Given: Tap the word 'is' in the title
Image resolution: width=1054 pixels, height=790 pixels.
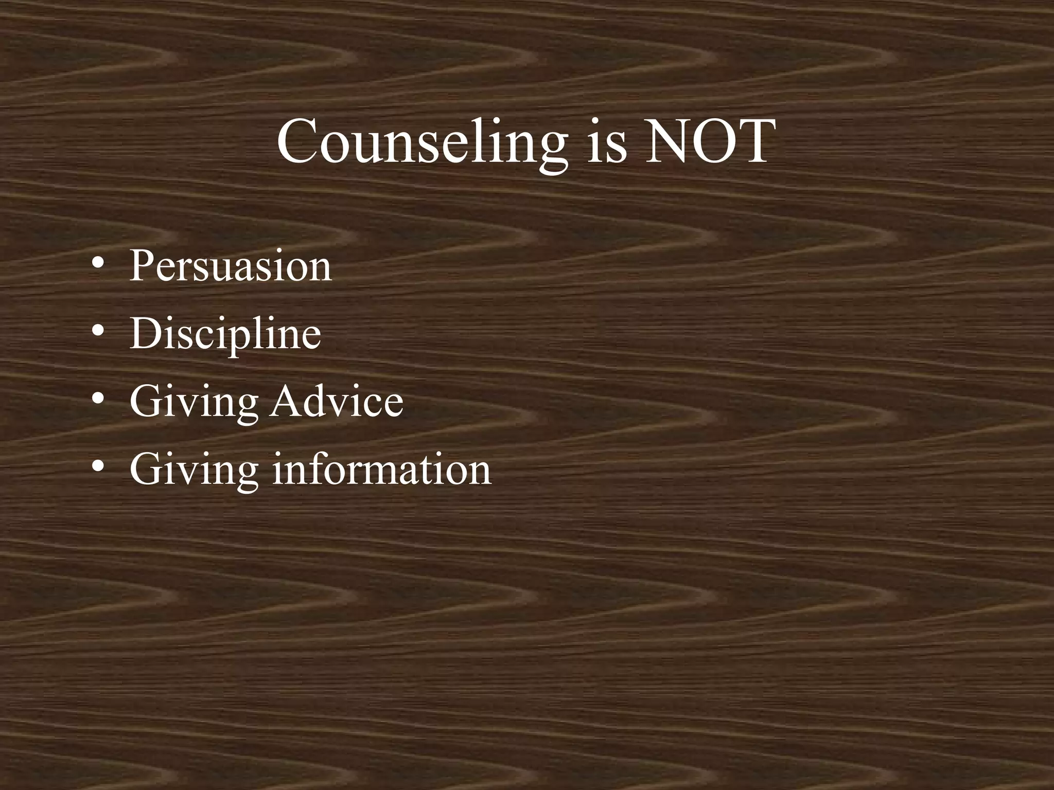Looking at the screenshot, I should pos(607,142).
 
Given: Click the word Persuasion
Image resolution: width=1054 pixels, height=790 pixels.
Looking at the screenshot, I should pos(231,266).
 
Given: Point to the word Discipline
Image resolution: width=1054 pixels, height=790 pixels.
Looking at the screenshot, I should pos(225,334).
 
